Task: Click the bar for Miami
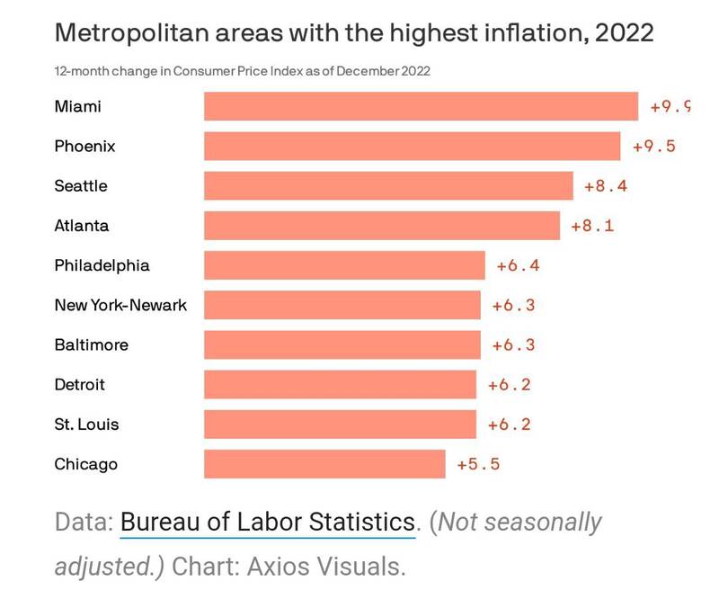tap(421, 106)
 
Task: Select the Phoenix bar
tap(412, 146)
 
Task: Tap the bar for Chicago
tap(324, 464)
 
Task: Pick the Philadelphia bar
tap(344, 265)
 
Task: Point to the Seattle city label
tap(80, 185)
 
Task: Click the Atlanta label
tap(81, 225)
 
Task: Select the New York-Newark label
tap(120, 305)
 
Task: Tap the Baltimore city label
tap(91, 344)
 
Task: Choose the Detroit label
tap(79, 384)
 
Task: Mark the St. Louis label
tap(86, 424)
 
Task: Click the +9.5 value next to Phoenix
tap(653, 147)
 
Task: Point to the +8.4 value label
tap(605, 186)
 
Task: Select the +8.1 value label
tap(592, 226)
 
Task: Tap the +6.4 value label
tap(518, 266)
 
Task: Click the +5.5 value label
tap(478, 465)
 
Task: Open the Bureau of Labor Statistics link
tap(267, 522)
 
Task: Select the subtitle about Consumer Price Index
tap(242, 71)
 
